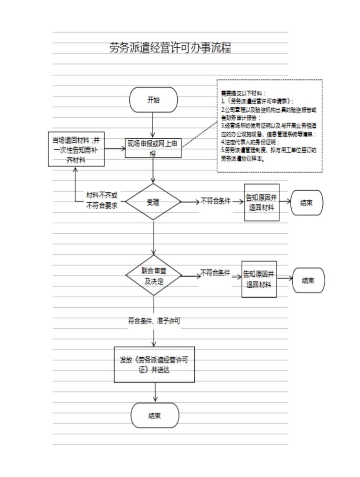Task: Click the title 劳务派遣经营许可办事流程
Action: (x=170, y=48)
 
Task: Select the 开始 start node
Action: (x=153, y=100)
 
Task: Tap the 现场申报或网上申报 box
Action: (x=153, y=148)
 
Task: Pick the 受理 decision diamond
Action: (x=153, y=202)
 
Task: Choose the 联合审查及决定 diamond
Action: (x=154, y=275)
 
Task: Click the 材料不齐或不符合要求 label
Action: (x=102, y=200)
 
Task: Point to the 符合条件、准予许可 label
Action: (x=154, y=321)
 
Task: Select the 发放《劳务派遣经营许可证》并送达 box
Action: (x=154, y=364)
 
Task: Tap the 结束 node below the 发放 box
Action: (x=155, y=415)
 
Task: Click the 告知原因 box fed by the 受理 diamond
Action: (x=262, y=202)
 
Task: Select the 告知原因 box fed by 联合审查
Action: (x=259, y=279)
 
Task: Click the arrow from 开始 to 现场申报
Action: (x=153, y=125)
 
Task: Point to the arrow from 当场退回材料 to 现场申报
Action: (x=115, y=148)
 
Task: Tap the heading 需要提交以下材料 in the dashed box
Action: (x=243, y=93)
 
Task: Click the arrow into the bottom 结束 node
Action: (x=155, y=393)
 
